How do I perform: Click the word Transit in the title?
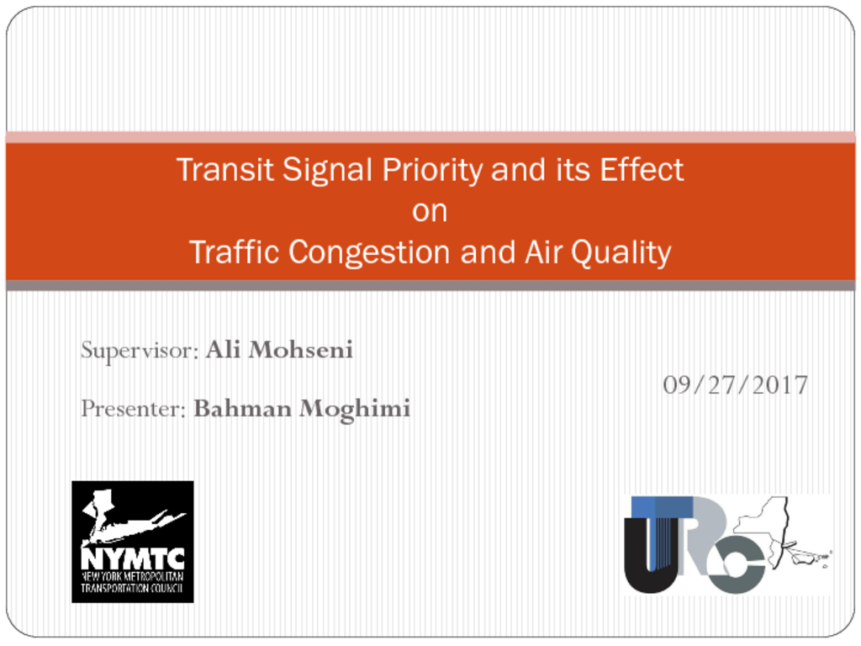[x=225, y=169]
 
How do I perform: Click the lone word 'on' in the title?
[x=430, y=211]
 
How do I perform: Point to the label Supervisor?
[x=140, y=351]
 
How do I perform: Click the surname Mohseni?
[x=300, y=350]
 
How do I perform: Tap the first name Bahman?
[x=242, y=409]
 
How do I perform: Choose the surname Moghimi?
[x=355, y=410]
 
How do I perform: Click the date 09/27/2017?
[x=735, y=385]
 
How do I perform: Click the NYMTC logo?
[x=132, y=542]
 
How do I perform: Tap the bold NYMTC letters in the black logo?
[x=132, y=559]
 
